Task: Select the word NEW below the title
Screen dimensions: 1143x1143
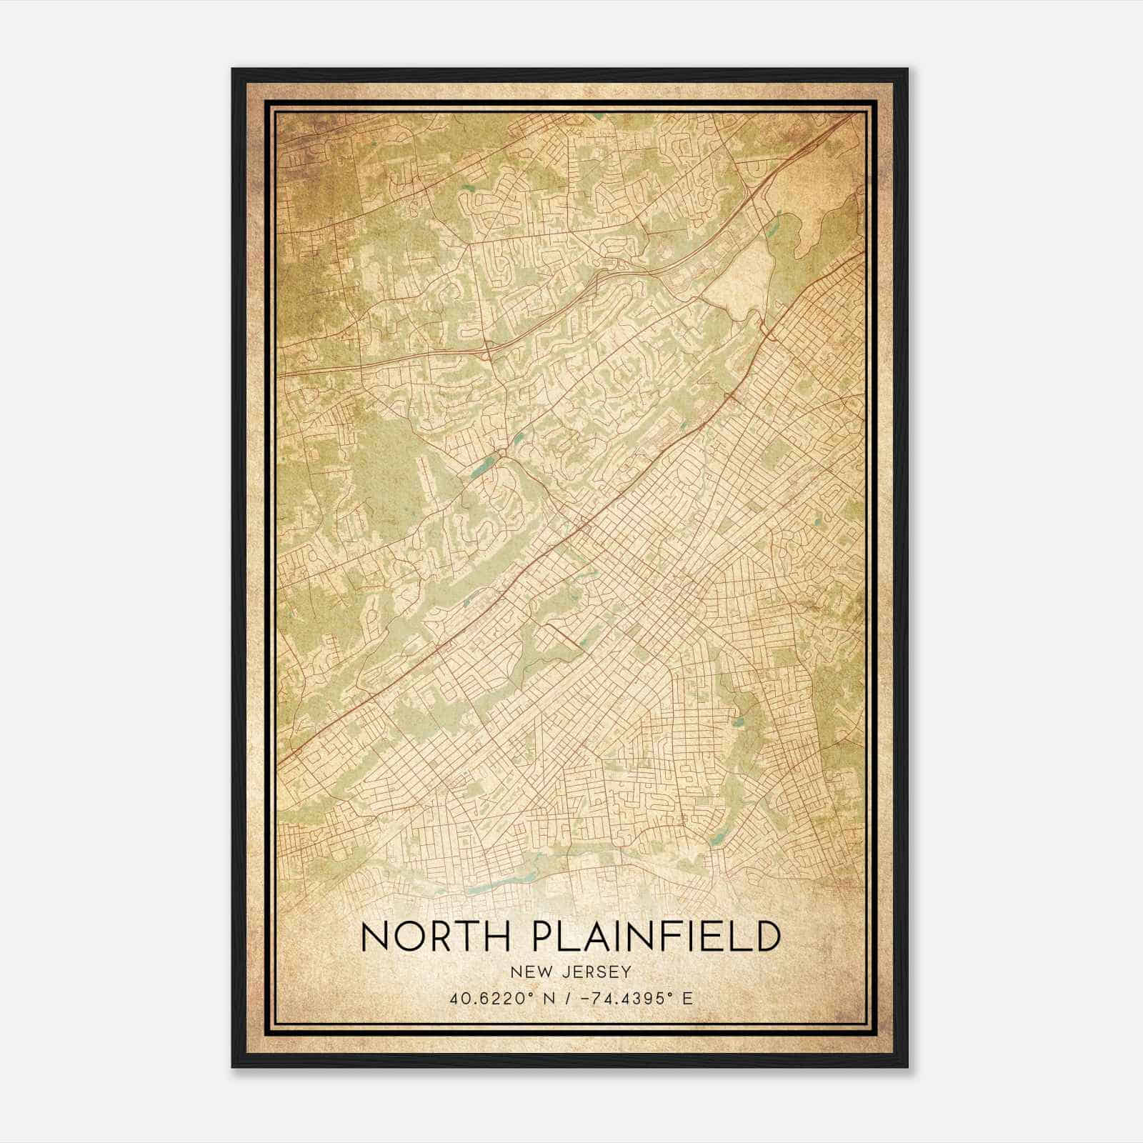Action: pyautogui.click(x=526, y=972)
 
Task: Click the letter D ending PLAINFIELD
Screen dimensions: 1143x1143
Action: pyautogui.click(x=766, y=936)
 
